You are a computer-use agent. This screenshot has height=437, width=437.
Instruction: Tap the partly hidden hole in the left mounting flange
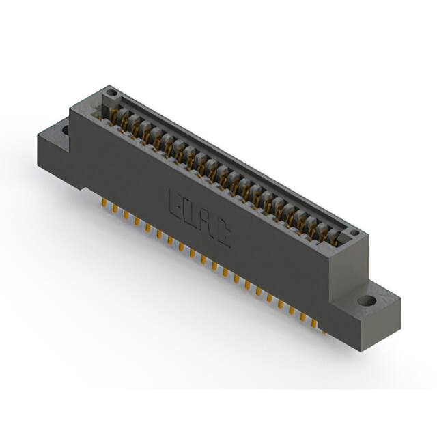pyautogui.click(x=66, y=127)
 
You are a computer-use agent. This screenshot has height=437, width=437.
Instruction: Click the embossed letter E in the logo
pyautogui.click(x=174, y=203)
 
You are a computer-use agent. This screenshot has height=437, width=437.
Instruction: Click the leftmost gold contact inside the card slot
pyautogui.click(x=113, y=116)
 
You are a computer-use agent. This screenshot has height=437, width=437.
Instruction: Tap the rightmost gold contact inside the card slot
pyautogui.click(x=334, y=237)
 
